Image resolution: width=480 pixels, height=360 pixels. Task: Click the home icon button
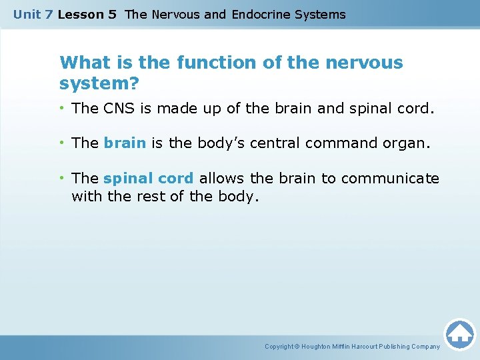(x=459, y=333)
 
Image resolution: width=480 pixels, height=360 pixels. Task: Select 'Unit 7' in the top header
(x=33, y=14)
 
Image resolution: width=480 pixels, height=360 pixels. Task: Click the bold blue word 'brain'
(x=125, y=143)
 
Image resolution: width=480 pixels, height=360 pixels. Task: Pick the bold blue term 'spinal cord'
(x=149, y=179)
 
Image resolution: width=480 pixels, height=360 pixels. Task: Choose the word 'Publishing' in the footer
(x=395, y=347)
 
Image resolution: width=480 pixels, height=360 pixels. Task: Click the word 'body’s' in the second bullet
(x=201, y=143)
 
